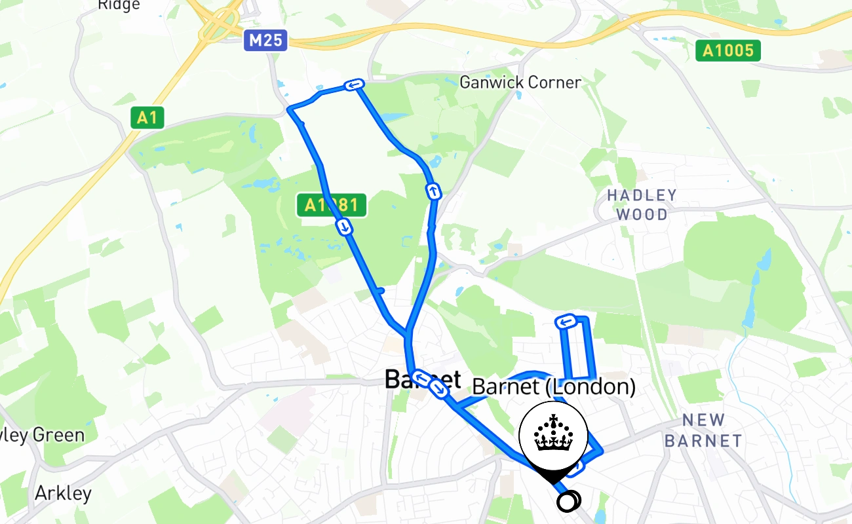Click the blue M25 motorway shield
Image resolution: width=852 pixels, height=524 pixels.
(266, 41)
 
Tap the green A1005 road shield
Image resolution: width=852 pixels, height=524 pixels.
(728, 50)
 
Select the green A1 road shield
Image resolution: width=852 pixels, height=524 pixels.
(147, 118)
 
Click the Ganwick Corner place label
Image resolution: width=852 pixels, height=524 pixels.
(520, 83)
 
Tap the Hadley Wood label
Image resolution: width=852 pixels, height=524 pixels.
(641, 204)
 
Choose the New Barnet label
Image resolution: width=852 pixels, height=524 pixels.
(703, 430)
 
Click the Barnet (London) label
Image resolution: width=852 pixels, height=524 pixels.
(554, 386)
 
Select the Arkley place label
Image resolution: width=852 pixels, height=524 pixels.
(63, 493)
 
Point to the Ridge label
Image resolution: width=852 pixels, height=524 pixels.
(119, 5)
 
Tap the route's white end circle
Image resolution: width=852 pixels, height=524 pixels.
(568, 502)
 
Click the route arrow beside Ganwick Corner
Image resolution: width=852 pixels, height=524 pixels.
(354, 85)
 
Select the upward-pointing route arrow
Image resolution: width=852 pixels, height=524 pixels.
(433, 191)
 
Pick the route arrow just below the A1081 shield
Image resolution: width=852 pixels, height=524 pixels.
(344, 227)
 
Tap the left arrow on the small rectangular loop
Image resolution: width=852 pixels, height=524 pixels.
(565, 322)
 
